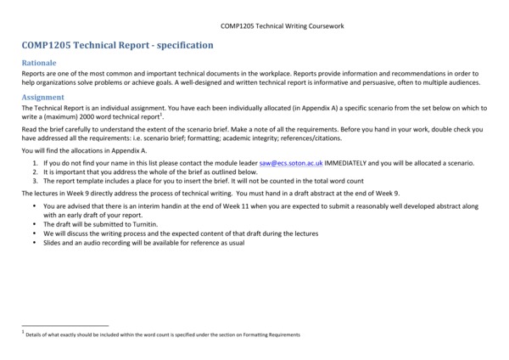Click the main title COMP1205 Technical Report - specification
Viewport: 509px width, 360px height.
(x=118, y=46)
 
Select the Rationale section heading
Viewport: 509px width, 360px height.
(x=39, y=64)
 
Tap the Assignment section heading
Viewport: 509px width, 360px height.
(x=42, y=98)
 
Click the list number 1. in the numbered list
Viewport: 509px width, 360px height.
(x=36, y=162)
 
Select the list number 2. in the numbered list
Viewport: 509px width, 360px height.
(x=36, y=172)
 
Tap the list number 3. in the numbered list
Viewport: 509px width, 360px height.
(x=36, y=181)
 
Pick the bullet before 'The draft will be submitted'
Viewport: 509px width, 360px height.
(x=35, y=224)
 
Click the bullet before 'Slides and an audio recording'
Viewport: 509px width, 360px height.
(x=35, y=243)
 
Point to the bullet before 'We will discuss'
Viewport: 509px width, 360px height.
(x=35, y=233)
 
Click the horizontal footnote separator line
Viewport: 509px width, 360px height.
(x=65, y=325)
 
